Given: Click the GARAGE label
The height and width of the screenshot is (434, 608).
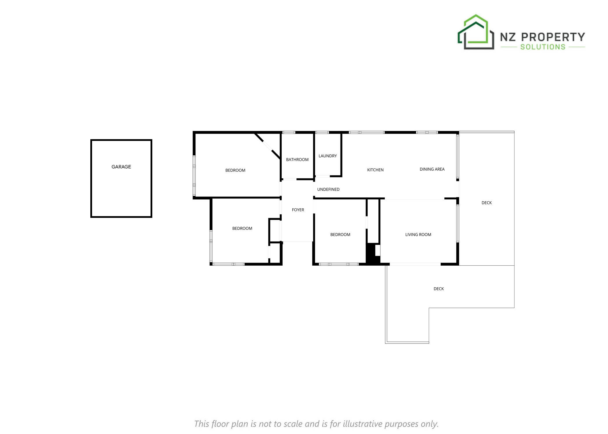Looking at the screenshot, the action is (x=121, y=167).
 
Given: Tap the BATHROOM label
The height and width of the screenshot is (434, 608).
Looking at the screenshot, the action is (x=297, y=160).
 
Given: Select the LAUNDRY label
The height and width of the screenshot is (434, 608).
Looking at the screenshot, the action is (x=328, y=156).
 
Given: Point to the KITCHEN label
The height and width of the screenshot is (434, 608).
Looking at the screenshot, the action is (x=376, y=170).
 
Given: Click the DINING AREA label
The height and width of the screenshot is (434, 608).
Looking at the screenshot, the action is (x=432, y=169).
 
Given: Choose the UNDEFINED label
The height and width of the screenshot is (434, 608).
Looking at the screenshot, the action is (x=328, y=190).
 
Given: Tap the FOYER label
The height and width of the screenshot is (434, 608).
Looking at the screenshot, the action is (x=298, y=210).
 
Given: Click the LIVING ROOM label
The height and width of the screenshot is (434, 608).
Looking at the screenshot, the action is (x=418, y=235).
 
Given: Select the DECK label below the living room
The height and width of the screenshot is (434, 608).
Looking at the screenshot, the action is (x=439, y=289).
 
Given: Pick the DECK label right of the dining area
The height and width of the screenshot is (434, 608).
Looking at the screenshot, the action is (x=487, y=203).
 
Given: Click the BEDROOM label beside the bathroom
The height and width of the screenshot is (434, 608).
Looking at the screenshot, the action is (x=235, y=170).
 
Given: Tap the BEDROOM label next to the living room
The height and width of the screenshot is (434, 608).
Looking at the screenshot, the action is (x=340, y=235).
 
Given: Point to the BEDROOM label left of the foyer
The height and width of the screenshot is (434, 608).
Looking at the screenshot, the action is (x=242, y=229).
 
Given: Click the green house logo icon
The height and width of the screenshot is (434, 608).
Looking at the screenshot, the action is (x=476, y=32).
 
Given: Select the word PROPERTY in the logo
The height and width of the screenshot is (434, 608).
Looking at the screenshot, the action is (x=553, y=37).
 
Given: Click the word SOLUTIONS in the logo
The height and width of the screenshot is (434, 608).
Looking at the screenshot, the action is (x=543, y=47).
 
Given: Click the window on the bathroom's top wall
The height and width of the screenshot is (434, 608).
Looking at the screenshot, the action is (x=289, y=133).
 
